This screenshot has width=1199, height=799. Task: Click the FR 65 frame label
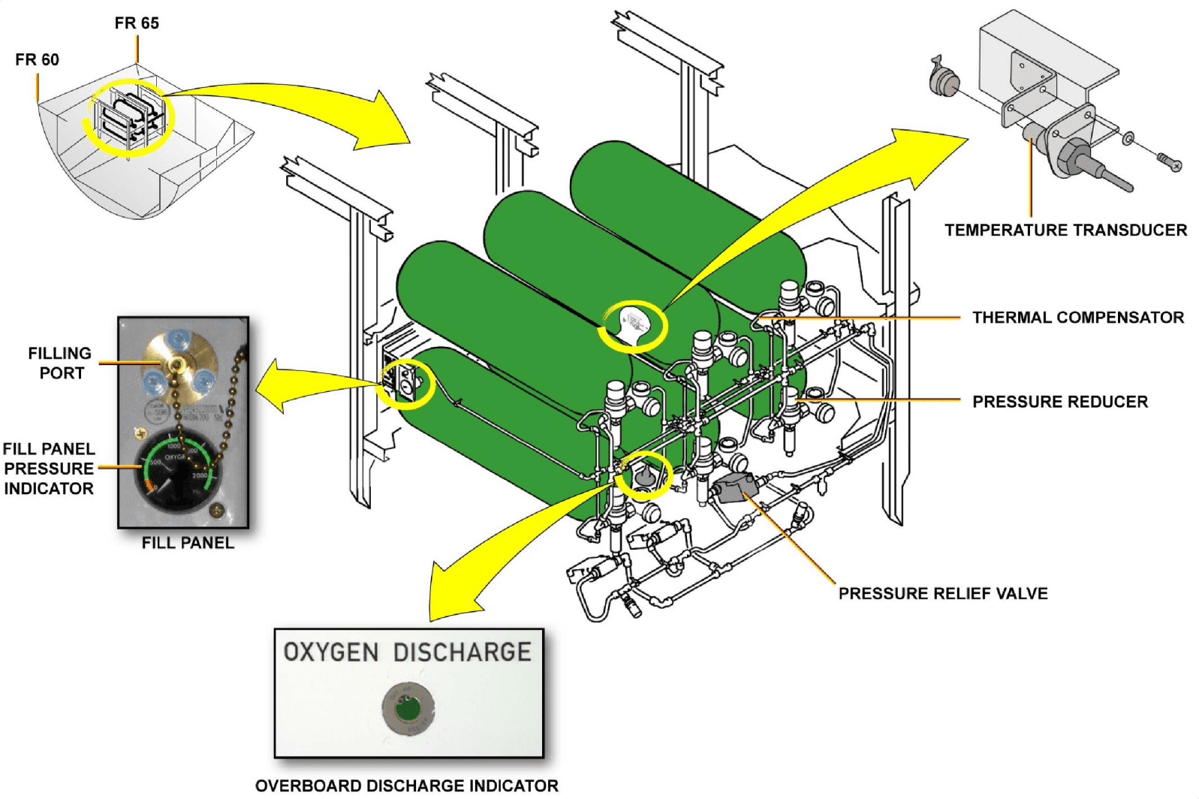point(137,23)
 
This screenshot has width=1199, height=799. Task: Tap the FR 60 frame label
point(37,59)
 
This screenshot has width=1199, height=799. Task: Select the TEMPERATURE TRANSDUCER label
point(1065,230)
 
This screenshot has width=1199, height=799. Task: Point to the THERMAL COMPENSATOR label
point(1077,318)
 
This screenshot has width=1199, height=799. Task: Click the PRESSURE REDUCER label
point(1059,402)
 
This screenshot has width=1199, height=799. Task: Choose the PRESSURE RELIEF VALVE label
point(942,593)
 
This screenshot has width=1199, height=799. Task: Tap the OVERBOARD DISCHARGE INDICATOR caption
point(406,785)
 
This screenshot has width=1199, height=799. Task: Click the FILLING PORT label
point(60,363)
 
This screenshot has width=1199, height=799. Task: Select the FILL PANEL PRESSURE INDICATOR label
point(49,469)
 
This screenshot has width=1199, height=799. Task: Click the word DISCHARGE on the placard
point(462,652)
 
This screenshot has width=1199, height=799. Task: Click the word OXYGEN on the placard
point(331,652)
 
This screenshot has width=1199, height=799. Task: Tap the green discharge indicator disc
point(408,708)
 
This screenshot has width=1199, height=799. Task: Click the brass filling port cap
point(178,364)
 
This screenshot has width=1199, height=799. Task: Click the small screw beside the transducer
point(1170,161)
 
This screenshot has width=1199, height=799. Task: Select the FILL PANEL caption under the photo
point(188,543)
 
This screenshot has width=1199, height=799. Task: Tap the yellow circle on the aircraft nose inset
point(129,117)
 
